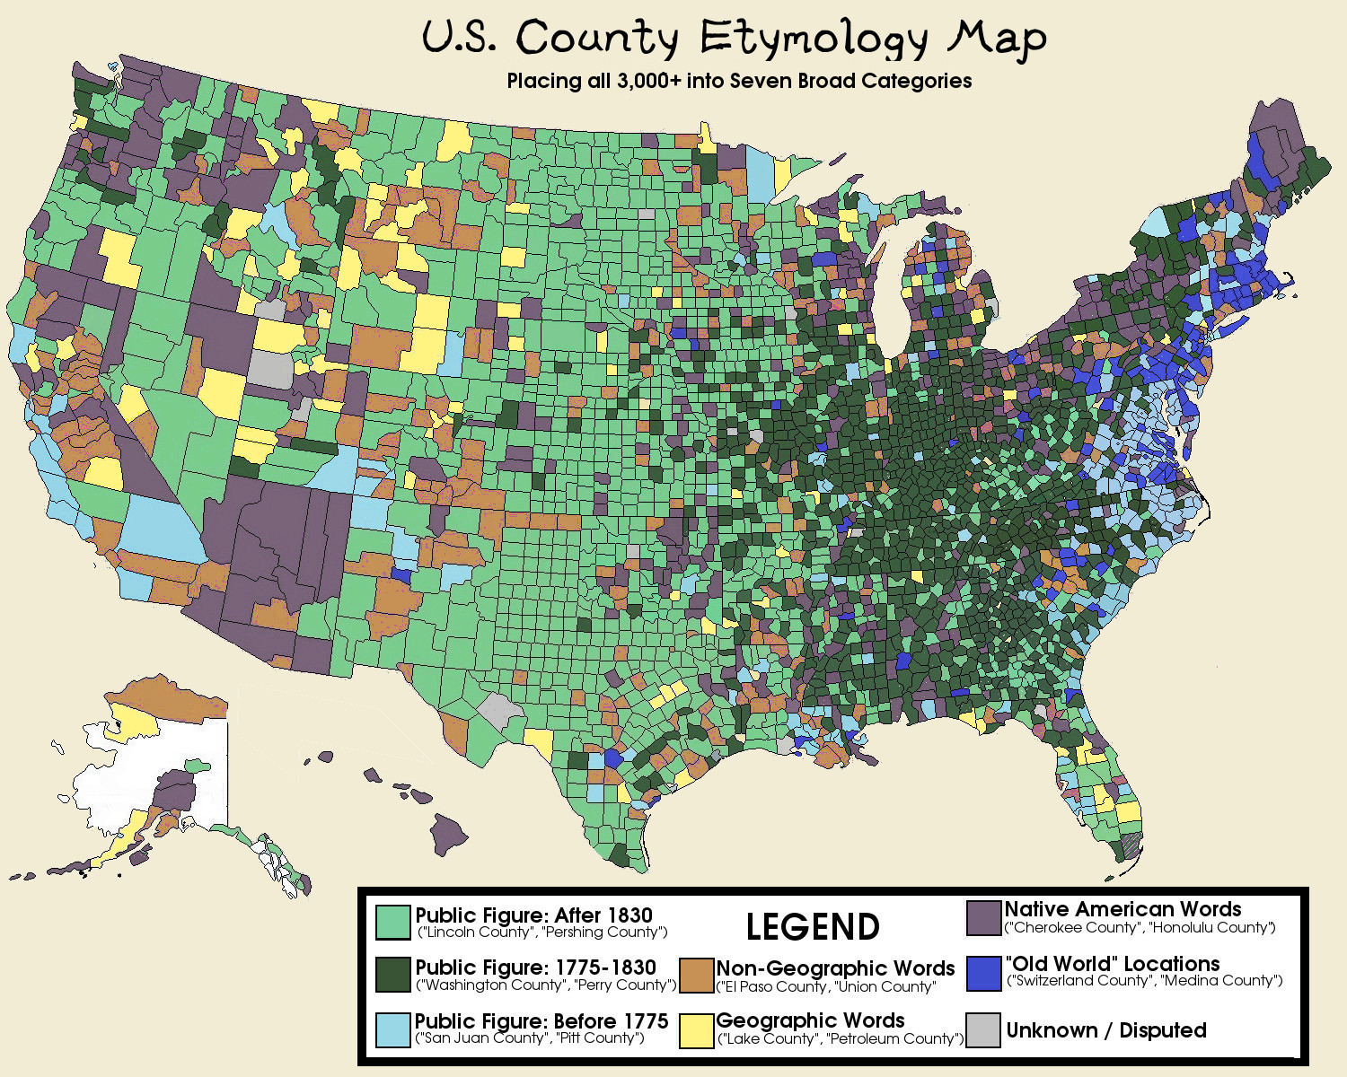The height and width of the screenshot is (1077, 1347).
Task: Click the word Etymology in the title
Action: [813, 39]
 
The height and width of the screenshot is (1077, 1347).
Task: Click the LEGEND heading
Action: [813, 926]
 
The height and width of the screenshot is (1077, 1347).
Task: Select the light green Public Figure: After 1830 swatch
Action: [392, 922]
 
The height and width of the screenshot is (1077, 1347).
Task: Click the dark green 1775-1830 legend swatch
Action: [392, 975]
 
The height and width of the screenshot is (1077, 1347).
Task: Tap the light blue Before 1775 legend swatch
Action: [392, 1029]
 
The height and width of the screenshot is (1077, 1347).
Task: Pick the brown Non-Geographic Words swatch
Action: [696, 976]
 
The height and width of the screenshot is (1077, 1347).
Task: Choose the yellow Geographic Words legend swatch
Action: [696, 1029]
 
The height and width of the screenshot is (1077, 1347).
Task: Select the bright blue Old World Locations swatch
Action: [984, 973]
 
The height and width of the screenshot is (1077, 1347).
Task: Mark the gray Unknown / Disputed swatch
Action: [984, 1029]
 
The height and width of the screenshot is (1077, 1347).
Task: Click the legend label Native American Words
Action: [1122, 909]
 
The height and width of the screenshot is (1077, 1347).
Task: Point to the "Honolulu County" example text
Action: [1211, 928]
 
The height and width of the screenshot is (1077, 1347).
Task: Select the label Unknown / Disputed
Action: [1105, 1030]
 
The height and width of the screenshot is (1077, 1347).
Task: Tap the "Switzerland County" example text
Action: [1077, 981]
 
